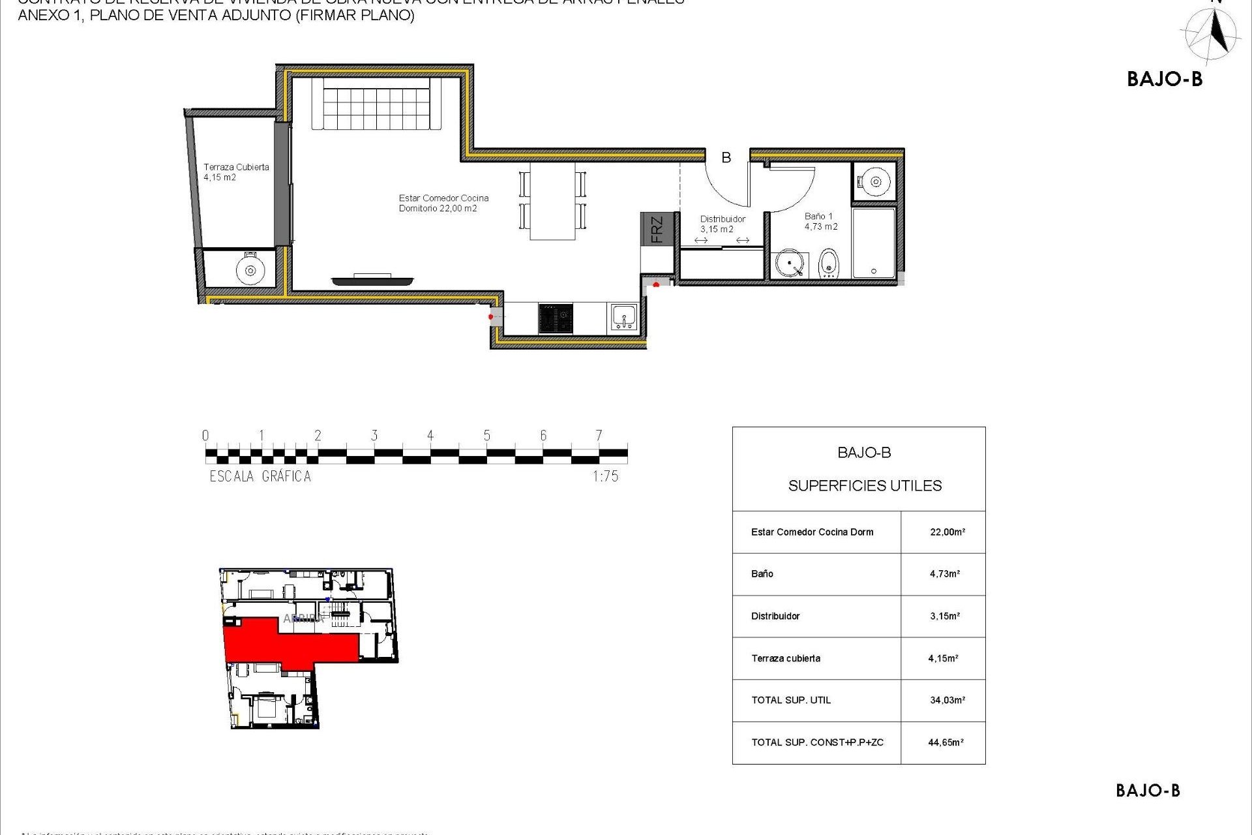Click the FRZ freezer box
656,229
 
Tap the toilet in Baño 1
828,264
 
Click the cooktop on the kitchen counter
556,319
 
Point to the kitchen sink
624,318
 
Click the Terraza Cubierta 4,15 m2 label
236,172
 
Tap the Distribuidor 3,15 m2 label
722,224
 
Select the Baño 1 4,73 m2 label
820,221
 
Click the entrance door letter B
726,157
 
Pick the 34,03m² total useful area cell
947,700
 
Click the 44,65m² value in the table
946,742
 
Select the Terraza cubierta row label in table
786,658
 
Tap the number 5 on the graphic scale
486,436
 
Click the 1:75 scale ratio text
605,477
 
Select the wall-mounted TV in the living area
372,281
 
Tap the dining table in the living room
552,201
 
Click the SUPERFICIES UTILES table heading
865,486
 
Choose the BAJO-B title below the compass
1165,80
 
